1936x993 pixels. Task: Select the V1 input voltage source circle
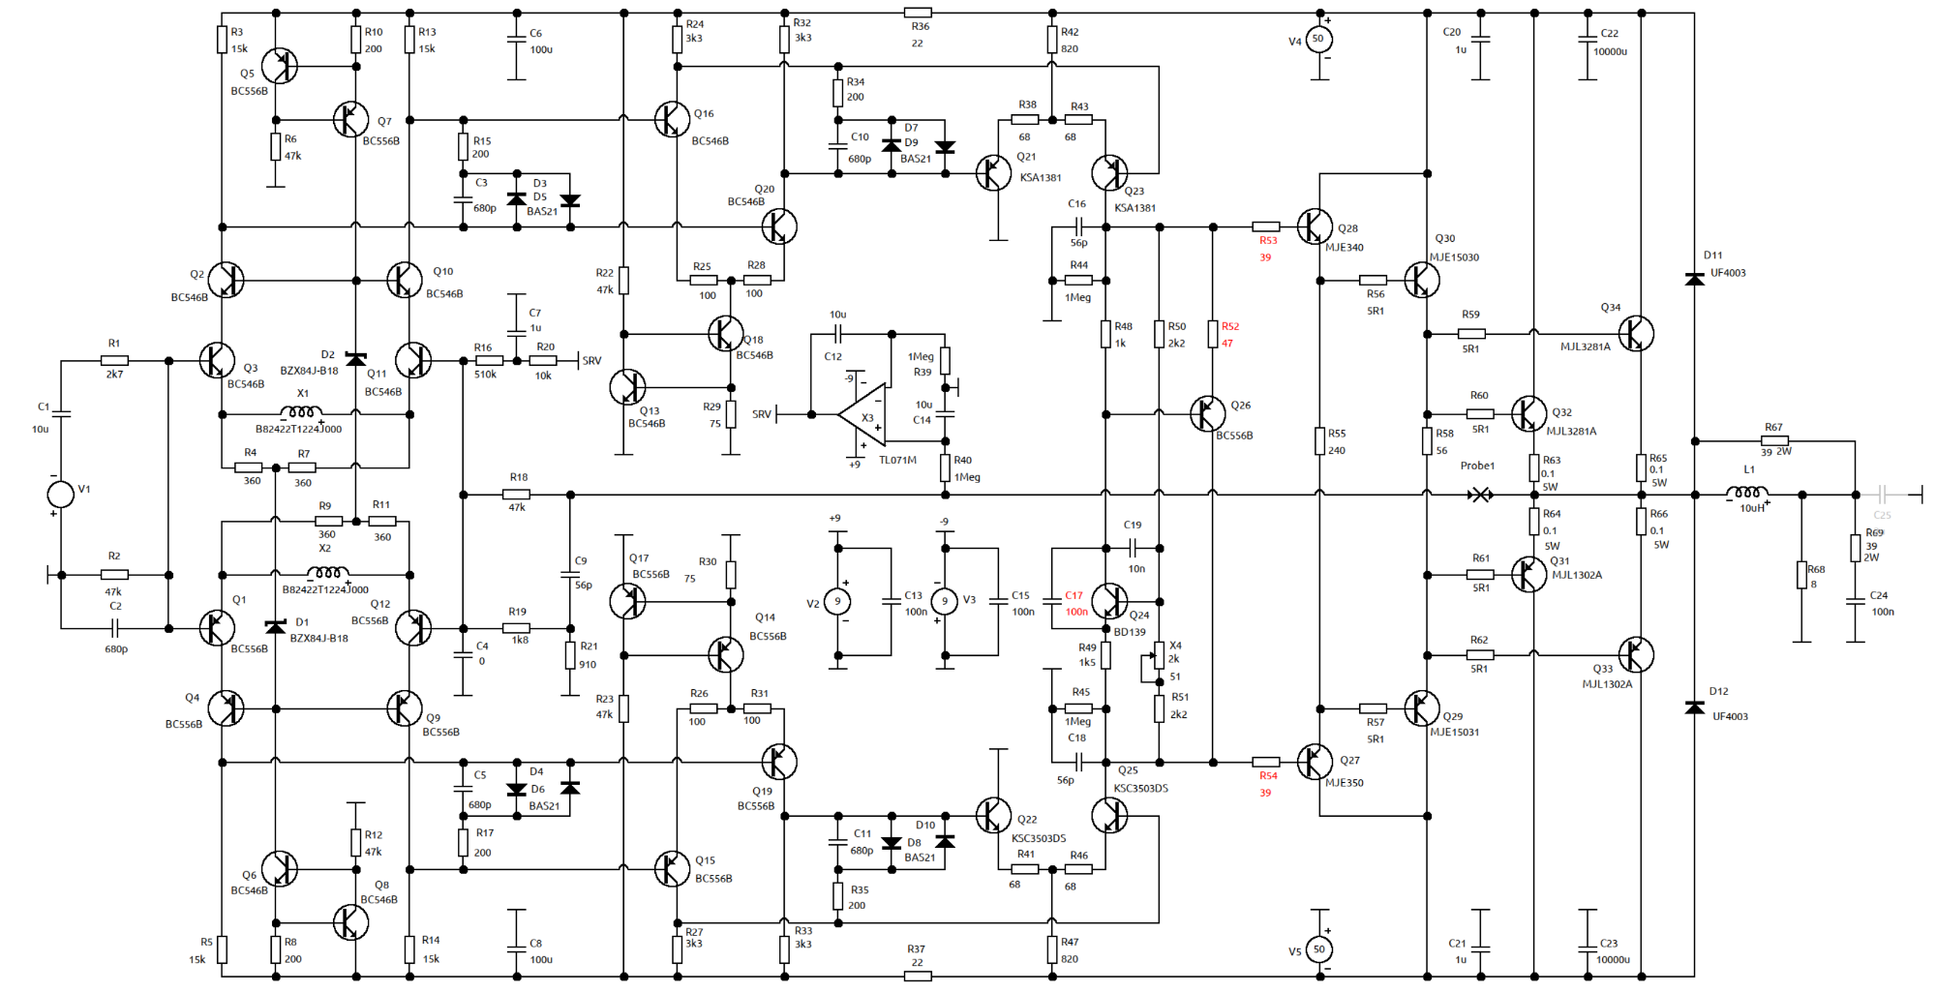pyautogui.click(x=61, y=495)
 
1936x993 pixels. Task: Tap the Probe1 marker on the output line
pyautogui.click(x=1480, y=495)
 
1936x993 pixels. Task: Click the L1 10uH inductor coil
pyautogui.click(x=1747, y=494)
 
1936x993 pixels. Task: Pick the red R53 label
pyautogui.click(x=1268, y=241)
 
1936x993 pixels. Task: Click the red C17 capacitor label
pyautogui.click(x=1074, y=596)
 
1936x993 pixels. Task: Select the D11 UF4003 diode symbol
pyautogui.click(x=1694, y=280)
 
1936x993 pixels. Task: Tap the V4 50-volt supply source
pyautogui.click(x=1317, y=40)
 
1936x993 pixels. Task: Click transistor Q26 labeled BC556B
pyautogui.click(x=1206, y=414)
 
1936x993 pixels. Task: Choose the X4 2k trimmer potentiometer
pyautogui.click(x=1159, y=657)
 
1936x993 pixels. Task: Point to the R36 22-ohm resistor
pyautogui.click(x=918, y=14)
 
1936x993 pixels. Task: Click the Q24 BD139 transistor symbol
pyautogui.click(x=1109, y=601)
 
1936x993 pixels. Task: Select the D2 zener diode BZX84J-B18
pyautogui.click(x=356, y=360)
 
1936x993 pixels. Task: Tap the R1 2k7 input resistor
pyautogui.click(x=114, y=361)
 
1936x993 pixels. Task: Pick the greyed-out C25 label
pyautogui.click(x=1882, y=515)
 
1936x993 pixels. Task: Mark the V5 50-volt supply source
pyautogui.click(x=1318, y=949)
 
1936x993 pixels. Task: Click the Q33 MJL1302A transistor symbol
pyautogui.click(x=1636, y=655)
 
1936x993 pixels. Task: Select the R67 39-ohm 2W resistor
pyautogui.click(x=1773, y=441)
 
